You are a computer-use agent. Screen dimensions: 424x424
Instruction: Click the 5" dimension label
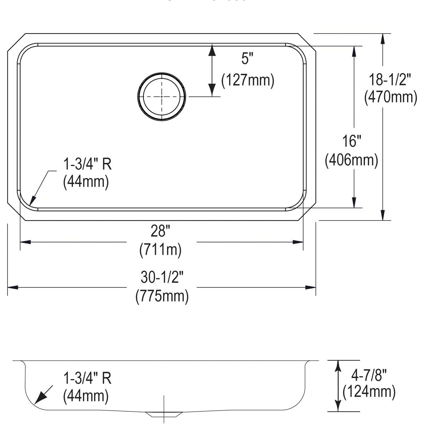click(248, 59)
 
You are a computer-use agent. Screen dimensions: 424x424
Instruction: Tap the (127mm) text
click(248, 81)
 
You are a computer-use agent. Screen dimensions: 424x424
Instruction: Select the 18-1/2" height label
click(390, 80)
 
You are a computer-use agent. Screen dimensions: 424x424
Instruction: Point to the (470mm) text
click(391, 96)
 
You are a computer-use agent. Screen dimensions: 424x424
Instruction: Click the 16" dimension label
click(351, 141)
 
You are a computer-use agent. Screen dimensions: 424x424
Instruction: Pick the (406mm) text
click(352, 160)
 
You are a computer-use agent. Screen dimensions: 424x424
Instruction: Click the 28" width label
click(160, 231)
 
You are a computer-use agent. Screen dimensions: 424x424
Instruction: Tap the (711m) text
click(160, 250)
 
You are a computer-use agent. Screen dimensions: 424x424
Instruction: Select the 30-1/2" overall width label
click(162, 278)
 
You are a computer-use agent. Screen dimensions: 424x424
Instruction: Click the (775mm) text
click(162, 296)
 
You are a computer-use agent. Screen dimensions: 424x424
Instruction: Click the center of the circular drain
click(161, 96)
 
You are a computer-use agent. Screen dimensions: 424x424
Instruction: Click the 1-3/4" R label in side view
click(87, 378)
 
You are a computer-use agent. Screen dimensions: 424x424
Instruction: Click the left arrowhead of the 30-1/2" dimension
click(13, 287)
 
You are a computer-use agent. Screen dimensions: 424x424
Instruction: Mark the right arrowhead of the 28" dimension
click(298, 242)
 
